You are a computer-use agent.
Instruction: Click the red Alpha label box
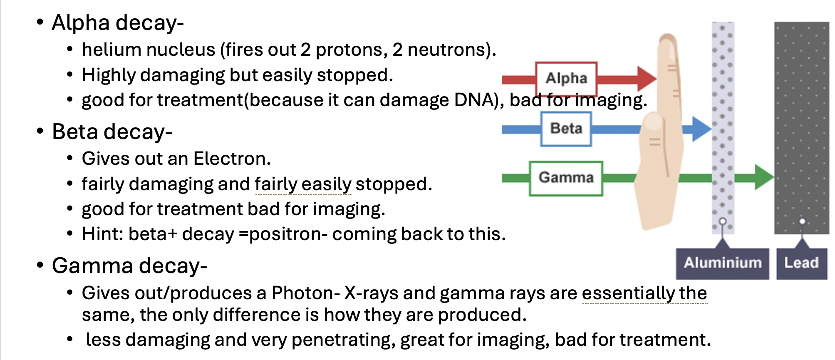(566, 78)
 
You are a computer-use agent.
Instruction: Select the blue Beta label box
(566, 129)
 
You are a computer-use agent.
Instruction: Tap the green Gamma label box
(566, 178)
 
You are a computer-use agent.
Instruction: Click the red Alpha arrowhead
(646, 78)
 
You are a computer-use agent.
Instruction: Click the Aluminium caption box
(722, 263)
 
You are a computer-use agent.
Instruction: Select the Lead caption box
(801, 263)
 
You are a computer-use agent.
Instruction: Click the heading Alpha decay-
(118, 22)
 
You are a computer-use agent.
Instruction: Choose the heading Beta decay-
(112, 132)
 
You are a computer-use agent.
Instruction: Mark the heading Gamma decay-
(129, 266)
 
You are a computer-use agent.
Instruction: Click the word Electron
(232, 159)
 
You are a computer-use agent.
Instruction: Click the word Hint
(100, 234)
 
